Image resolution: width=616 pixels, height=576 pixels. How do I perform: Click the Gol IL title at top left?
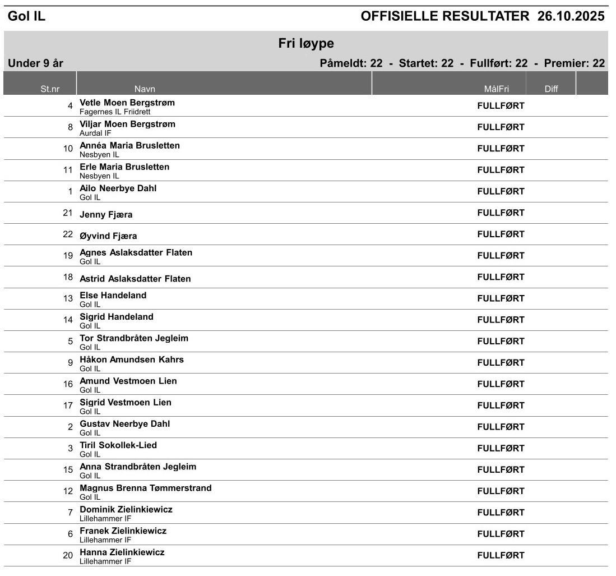[26, 17]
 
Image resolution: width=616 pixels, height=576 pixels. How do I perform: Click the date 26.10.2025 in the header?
[571, 16]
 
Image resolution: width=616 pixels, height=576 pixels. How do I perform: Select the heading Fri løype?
[306, 44]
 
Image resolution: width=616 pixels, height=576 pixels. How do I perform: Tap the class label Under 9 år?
[35, 63]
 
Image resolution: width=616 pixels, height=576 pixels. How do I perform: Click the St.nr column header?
[50, 89]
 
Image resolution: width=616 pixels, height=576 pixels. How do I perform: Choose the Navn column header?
[145, 89]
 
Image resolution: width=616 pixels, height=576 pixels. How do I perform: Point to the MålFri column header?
[496, 89]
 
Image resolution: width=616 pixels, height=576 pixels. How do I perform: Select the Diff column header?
[551, 89]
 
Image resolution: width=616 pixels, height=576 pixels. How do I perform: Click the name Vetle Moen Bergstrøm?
[127, 103]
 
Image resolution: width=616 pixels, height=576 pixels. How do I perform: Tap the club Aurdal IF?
[95, 133]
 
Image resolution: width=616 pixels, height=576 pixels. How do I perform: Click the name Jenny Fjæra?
[106, 214]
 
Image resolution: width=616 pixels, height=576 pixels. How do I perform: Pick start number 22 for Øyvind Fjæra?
[68, 234]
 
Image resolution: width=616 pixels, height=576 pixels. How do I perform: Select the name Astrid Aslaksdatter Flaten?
[135, 279]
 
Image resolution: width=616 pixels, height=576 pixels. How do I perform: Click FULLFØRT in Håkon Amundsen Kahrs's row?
[501, 363]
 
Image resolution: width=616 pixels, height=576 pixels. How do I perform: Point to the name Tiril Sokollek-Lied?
[118, 445]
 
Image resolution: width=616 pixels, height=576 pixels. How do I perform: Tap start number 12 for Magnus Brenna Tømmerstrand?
[68, 491]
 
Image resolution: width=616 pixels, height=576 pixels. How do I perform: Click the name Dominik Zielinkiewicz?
[126, 509]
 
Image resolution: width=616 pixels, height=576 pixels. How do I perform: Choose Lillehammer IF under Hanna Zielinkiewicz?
[105, 561]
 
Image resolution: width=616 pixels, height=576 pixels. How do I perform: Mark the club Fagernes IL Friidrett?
[115, 112]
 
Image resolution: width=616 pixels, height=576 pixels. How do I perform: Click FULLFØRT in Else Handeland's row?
[501, 298]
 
